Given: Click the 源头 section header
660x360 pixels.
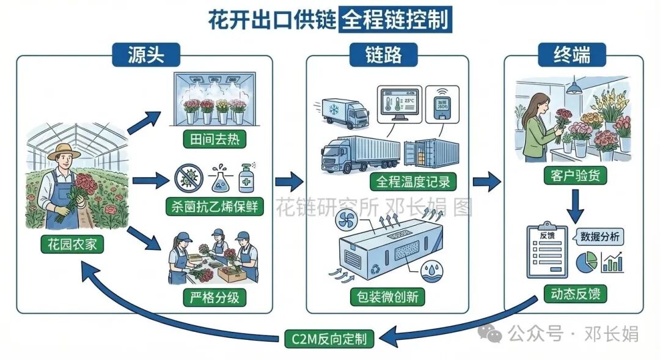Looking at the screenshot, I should coord(146,56).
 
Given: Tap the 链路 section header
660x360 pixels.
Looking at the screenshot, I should coord(384,56).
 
